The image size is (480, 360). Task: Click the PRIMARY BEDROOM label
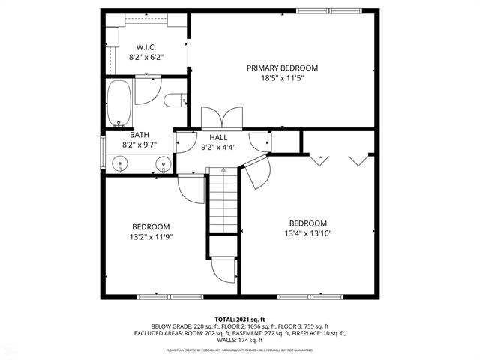coord(282,67)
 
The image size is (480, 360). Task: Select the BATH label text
coord(139,135)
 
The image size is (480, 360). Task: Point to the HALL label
coord(218,137)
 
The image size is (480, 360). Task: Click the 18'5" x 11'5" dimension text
coord(282,77)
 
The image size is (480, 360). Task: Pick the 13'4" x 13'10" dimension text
coord(308,233)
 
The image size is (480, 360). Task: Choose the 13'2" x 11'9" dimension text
coord(151,236)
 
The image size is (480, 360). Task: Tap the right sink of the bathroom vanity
coord(162,163)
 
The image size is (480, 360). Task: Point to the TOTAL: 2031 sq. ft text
coord(239,319)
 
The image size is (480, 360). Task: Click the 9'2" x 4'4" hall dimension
coord(218,147)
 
